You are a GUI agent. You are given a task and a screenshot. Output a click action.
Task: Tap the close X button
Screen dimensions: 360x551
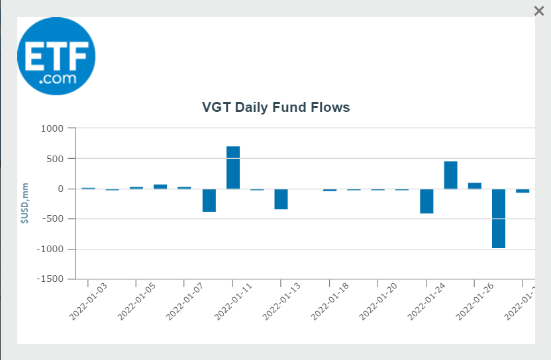[x=539, y=11]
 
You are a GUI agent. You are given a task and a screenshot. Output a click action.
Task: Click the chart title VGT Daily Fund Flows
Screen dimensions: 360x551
[x=275, y=107]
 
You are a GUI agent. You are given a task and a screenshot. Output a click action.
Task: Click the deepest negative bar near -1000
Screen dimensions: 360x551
[x=499, y=218]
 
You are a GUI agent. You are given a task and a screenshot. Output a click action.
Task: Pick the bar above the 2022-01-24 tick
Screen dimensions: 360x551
[x=426, y=201]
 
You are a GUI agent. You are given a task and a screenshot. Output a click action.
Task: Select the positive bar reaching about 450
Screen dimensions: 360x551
[x=450, y=175]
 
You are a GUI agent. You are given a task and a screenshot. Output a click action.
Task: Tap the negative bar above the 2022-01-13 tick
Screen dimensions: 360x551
[x=281, y=199]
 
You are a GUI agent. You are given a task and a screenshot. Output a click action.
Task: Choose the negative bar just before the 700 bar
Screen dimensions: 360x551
[x=209, y=201]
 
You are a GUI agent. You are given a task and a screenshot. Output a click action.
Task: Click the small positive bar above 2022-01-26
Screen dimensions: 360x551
[x=475, y=186]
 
